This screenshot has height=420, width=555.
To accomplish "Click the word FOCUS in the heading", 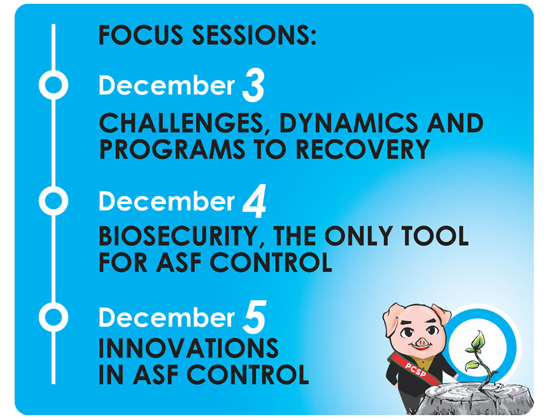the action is pos(141,35).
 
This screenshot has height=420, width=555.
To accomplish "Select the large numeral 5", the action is pos(254,317).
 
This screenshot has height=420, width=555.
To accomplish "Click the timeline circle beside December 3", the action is pos(53,85).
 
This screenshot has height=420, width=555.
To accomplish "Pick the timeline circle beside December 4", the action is pos(53,201).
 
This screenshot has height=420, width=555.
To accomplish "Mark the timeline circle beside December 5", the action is pos(53,317).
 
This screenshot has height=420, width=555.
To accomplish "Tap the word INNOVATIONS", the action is pos(188,348).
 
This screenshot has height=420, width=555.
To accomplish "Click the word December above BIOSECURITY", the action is pos(167,201).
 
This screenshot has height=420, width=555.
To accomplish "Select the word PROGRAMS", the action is pos(172,149).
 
